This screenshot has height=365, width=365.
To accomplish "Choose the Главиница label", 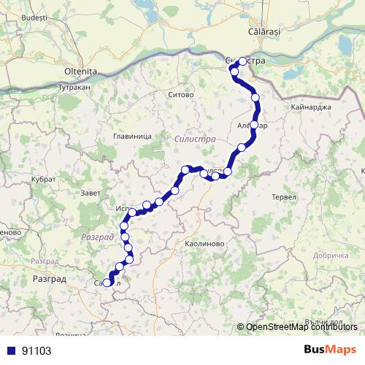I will pyautogui.click(x=132, y=137).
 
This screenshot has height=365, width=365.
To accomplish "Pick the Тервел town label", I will pyautogui.click(x=283, y=198).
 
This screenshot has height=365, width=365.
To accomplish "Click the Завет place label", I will pyautogui.click(x=92, y=192).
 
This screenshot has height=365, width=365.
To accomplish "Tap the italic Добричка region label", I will pyautogui.click(x=332, y=255).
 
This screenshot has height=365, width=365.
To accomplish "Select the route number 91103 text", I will pyautogui.click(x=36, y=350).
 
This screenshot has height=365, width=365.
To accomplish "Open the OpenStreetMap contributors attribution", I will pyautogui.click(x=304, y=327).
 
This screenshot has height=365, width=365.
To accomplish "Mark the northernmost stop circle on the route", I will pyautogui.click(x=243, y=62).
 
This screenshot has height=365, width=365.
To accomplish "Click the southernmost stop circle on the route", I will pyautogui.click(x=107, y=283).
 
